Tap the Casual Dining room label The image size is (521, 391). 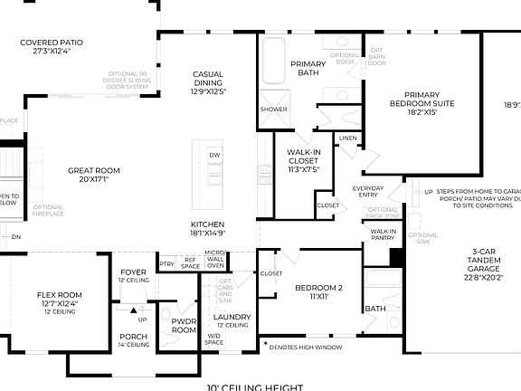(209, 82)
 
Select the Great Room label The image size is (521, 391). (94, 174)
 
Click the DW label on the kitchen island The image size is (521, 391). (214, 156)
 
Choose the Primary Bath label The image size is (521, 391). (308, 70)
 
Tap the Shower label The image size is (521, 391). (273, 109)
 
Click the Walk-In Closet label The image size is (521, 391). (304, 159)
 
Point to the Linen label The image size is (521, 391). (347, 138)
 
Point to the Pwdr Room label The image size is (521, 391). (184, 326)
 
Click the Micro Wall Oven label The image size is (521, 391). (214, 260)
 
